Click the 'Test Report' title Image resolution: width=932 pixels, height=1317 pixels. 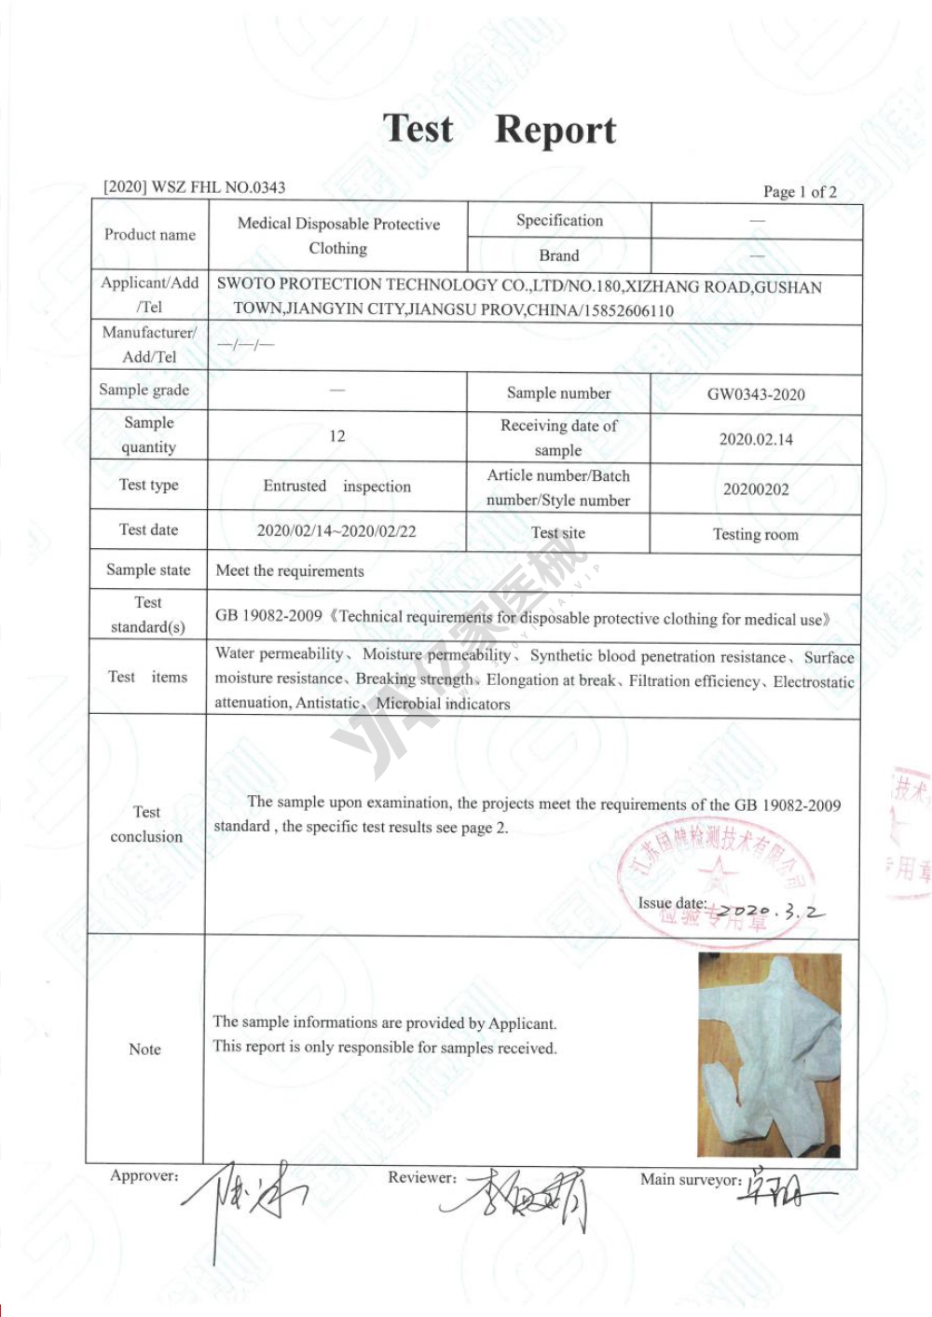[500, 130]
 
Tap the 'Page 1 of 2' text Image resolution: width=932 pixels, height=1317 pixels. [800, 192]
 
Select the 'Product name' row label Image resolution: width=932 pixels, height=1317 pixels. [150, 235]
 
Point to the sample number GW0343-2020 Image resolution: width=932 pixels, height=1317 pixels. [756, 394]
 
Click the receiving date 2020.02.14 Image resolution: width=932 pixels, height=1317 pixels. [756, 439]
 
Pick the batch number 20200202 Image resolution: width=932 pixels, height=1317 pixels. [756, 489]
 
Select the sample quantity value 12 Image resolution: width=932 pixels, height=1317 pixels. [337, 436]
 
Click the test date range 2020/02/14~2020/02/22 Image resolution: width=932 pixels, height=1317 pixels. [336, 531]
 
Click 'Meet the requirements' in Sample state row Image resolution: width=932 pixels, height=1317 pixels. [290, 571]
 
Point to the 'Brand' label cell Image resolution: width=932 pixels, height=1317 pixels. [559, 255]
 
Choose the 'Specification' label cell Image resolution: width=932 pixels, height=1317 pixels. [559, 221]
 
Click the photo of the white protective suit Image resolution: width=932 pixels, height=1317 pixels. [769, 1054]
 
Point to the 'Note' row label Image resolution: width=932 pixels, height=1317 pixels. [144, 1049]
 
